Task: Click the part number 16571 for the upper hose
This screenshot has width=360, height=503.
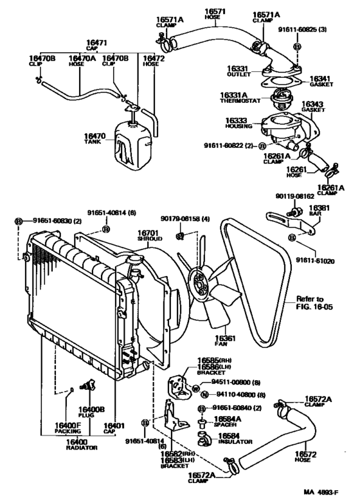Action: [x=215, y=12]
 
